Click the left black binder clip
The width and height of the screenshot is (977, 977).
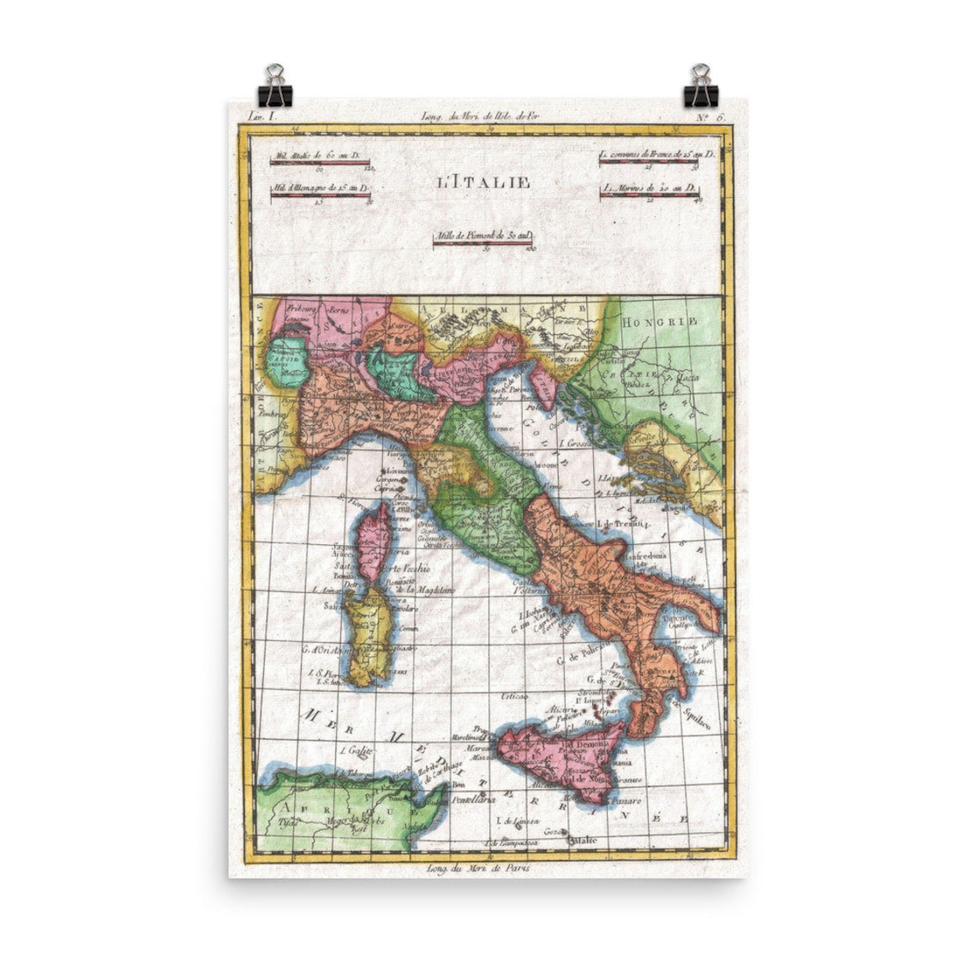(x=275, y=85)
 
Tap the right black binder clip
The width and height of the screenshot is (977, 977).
(x=700, y=85)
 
